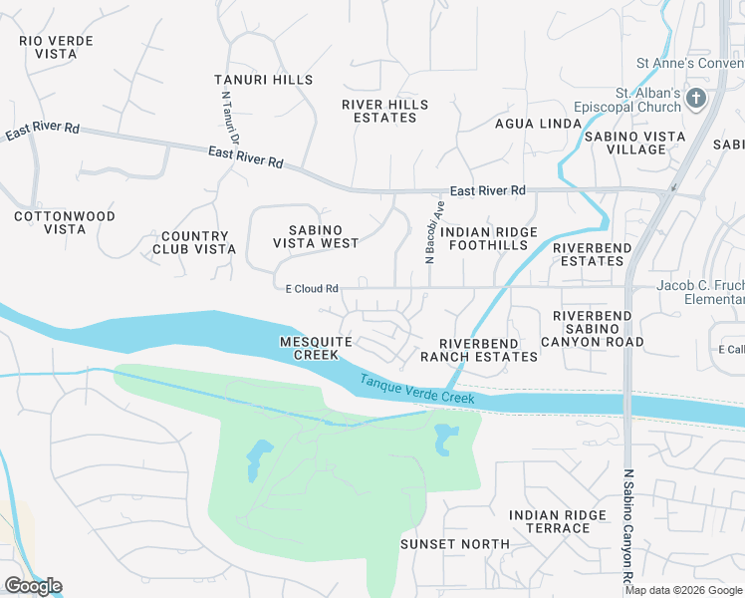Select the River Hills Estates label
pos(385,111)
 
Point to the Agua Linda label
pos(538,124)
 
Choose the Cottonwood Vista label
pos(65,222)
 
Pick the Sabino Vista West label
pos(316,236)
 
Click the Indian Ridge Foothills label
pos(489,239)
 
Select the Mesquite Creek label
pos(316,348)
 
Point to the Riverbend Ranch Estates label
pos(478,349)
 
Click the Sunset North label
pos(454,544)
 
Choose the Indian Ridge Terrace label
pos(557,521)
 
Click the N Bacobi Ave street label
pos(433,231)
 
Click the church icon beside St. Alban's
pos(695,99)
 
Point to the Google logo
pos(33,586)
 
